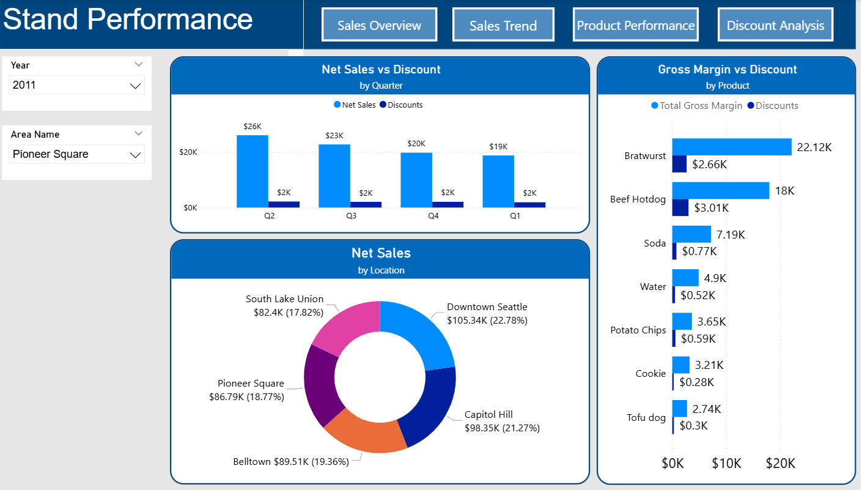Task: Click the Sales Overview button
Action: coord(379,25)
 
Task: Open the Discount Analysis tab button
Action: coord(775,25)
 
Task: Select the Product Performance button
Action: coord(636,25)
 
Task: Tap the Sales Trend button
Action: coord(503,25)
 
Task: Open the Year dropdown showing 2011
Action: coord(77,86)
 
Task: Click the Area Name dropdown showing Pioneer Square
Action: coord(77,154)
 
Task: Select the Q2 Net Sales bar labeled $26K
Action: coord(252,171)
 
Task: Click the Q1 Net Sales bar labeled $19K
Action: coord(498,181)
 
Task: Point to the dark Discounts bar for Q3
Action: coord(366,204)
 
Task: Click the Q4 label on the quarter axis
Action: coord(433,216)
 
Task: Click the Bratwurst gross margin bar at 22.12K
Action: coord(731,147)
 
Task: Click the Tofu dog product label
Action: coord(646,418)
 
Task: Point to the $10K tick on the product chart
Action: coord(726,464)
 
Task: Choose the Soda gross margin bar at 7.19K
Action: coord(691,234)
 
